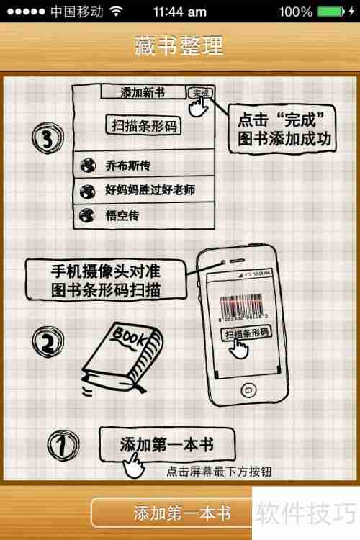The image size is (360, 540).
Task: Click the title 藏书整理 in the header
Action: (179, 45)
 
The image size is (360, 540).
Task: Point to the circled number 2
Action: (47, 342)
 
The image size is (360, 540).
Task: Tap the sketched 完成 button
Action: (199, 93)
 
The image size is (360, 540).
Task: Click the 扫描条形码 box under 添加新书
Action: (143, 125)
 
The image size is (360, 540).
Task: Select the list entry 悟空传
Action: (122, 215)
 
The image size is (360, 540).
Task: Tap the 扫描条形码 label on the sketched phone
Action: (246, 333)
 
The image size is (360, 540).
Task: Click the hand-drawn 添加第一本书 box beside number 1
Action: (166, 444)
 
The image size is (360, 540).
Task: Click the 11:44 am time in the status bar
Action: (179, 12)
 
